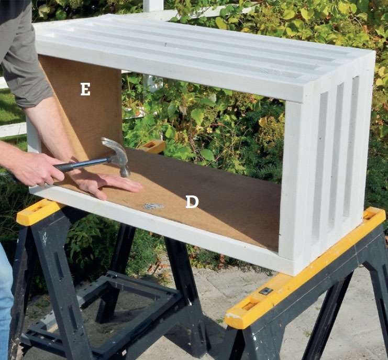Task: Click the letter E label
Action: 85,89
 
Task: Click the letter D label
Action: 192,202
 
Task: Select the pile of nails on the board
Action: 153,206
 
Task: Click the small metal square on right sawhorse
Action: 266,291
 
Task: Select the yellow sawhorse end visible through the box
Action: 152,146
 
